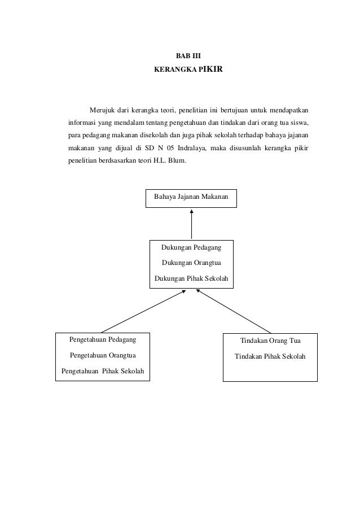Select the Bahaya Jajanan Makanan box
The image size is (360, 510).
coord(191,197)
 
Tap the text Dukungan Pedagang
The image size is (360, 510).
coord(191,247)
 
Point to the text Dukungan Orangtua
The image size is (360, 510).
coord(191,263)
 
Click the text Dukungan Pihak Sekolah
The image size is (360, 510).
coord(191,278)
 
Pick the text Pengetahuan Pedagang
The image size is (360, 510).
coord(102,340)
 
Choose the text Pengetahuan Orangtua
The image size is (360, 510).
coord(102,356)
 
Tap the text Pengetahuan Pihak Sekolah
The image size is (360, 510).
coord(102,371)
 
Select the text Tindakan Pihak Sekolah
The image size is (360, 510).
coord(270,357)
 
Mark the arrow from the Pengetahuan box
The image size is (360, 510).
coord(143,311)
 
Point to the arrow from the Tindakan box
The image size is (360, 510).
coord(234,311)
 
